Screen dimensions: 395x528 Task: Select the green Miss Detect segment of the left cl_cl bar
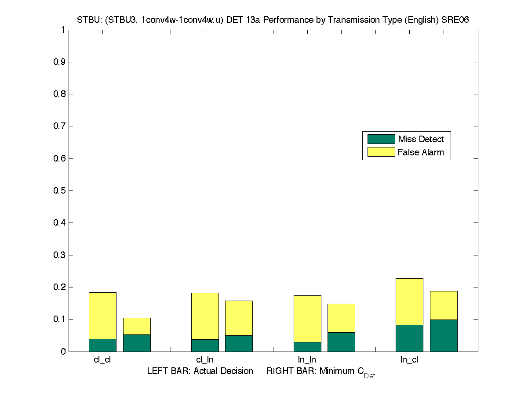point(102,345)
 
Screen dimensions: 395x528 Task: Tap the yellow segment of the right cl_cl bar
point(137,326)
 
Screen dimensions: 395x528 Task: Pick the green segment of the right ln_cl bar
point(444,335)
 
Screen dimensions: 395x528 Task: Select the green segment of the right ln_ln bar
point(341,342)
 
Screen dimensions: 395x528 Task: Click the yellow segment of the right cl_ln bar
point(239,318)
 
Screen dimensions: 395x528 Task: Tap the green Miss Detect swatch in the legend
point(381,139)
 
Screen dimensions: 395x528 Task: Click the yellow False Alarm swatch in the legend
point(381,152)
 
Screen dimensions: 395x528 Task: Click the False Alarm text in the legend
point(421,152)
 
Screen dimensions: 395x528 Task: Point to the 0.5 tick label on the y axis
point(59,190)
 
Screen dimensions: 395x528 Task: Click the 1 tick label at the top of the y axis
point(63,30)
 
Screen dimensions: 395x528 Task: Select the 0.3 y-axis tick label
point(59,255)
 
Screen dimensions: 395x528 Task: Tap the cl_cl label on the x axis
point(102,360)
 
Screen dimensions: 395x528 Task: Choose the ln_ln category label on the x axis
point(307,360)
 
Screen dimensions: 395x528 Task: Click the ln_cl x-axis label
point(409,360)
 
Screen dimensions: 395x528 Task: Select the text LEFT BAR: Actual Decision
point(200,371)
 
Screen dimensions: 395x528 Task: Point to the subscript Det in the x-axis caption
point(369,376)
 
